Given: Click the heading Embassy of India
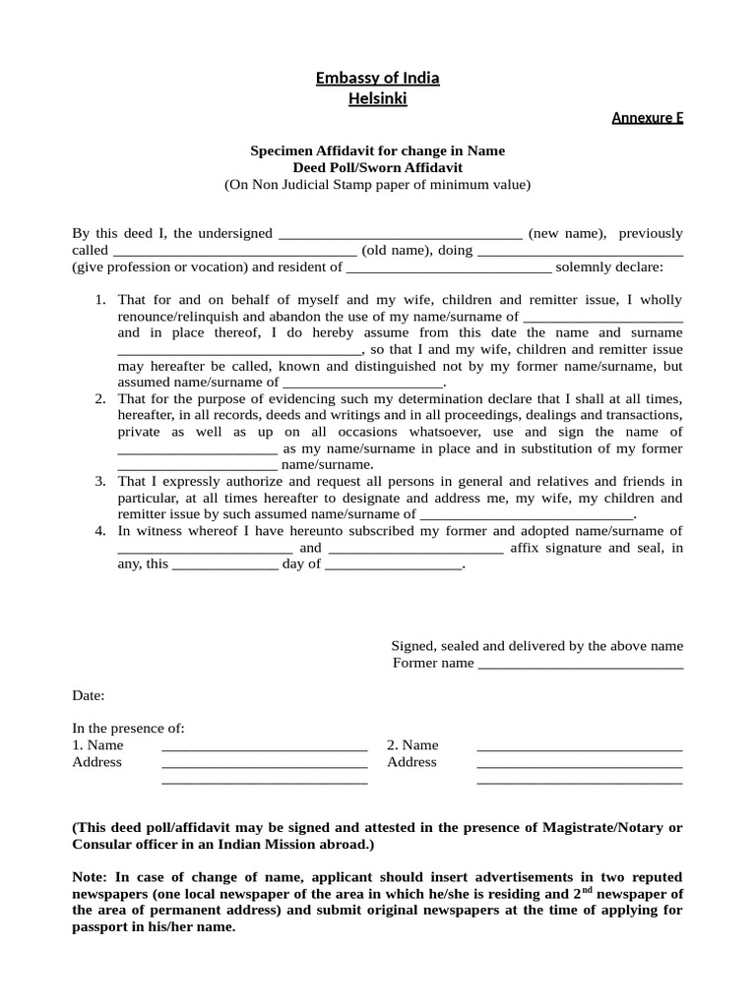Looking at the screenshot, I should (x=377, y=79).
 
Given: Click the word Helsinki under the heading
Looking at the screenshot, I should (x=377, y=98).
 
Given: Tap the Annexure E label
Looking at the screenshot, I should (x=647, y=118).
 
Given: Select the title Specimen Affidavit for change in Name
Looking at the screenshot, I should (x=377, y=150).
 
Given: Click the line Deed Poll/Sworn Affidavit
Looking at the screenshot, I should (x=377, y=167).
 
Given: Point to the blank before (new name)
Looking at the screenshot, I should (x=401, y=235).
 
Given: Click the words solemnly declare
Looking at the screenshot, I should (x=609, y=267).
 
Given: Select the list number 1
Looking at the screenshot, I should (x=100, y=300).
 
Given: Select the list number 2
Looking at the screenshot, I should (x=100, y=399).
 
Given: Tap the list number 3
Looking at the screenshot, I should (x=100, y=482).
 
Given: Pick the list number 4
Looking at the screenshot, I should (x=100, y=532).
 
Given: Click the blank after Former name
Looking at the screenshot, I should (x=580, y=665).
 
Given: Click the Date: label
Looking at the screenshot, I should (x=88, y=696).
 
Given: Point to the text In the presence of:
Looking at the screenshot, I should (x=128, y=729).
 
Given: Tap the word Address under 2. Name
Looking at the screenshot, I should (x=411, y=762).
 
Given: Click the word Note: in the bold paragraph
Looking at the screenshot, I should (x=92, y=877).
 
